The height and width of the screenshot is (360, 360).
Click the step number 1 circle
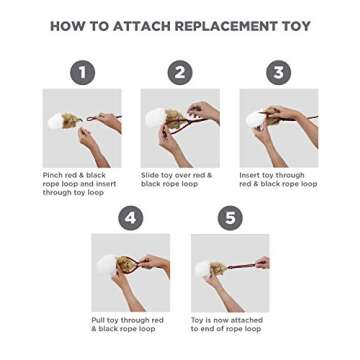tap(83, 72)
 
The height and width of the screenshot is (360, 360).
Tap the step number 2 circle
tap(180, 72)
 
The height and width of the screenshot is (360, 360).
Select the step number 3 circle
tap(279, 72)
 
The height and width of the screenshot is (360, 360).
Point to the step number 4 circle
tap(131, 217)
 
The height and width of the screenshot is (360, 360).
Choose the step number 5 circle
tap(231, 217)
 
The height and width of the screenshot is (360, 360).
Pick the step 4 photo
tap(131, 274)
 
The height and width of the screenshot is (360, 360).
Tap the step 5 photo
tap(231, 274)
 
